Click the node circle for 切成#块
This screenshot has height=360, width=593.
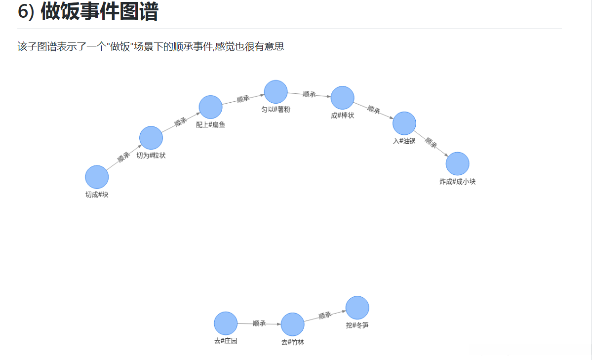click(97, 177)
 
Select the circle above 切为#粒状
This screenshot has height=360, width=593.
click(151, 138)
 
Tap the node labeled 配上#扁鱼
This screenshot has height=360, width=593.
click(211, 107)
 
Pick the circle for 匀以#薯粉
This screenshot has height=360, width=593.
click(276, 91)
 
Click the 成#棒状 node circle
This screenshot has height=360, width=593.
click(342, 98)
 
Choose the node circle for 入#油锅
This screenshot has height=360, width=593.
click(404, 123)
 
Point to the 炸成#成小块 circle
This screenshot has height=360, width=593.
click(457, 164)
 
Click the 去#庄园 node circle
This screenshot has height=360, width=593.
click(226, 323)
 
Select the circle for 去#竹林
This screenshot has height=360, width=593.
click(292, 324)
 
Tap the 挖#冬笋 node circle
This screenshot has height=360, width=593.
click(357, 308)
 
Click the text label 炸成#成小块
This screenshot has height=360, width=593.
click(457, 182)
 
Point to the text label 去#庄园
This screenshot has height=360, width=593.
click(226, 341)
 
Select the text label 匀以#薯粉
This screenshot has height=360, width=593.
click(276, 110)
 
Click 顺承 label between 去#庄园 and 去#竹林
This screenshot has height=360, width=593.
click(259, 323)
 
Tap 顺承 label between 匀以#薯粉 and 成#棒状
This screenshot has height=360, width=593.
click(309, 94)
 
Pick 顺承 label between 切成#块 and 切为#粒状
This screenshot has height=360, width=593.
click(123, 158)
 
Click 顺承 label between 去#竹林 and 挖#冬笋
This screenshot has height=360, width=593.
click(324, 316)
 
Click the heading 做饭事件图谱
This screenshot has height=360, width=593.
click(99, 11)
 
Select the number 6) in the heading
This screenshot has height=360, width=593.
click(26, 12)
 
